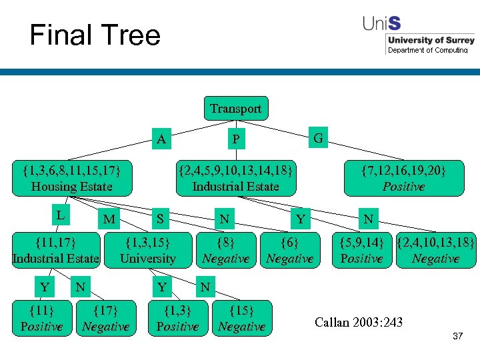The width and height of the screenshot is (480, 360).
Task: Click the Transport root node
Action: click(235, 108)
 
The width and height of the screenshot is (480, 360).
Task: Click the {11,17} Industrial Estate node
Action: click(56, 249)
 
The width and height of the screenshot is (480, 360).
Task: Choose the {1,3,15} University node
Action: click(148, 249)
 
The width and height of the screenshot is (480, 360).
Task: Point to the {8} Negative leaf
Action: click(225, 249)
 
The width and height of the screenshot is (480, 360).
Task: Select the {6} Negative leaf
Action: click(289, 249)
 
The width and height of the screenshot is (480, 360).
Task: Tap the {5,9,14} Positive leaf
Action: click(361, 249)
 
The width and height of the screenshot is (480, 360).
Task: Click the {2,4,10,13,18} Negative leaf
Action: click(435, 249)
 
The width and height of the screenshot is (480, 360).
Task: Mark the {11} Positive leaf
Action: click(41, 318)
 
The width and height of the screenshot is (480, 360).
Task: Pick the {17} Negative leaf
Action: click(105, 318)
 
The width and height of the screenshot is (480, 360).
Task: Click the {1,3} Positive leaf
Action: click(177, 318)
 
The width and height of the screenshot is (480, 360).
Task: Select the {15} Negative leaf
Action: click(241, 318)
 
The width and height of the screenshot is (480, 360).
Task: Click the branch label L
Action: click(60, 215)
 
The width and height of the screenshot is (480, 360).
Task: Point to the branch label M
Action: click(109, 219)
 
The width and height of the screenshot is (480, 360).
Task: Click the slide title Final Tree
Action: click(95, 35)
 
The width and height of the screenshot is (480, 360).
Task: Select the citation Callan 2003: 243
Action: click(359, 323)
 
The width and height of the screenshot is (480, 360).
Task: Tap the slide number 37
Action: click(457, 337)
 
